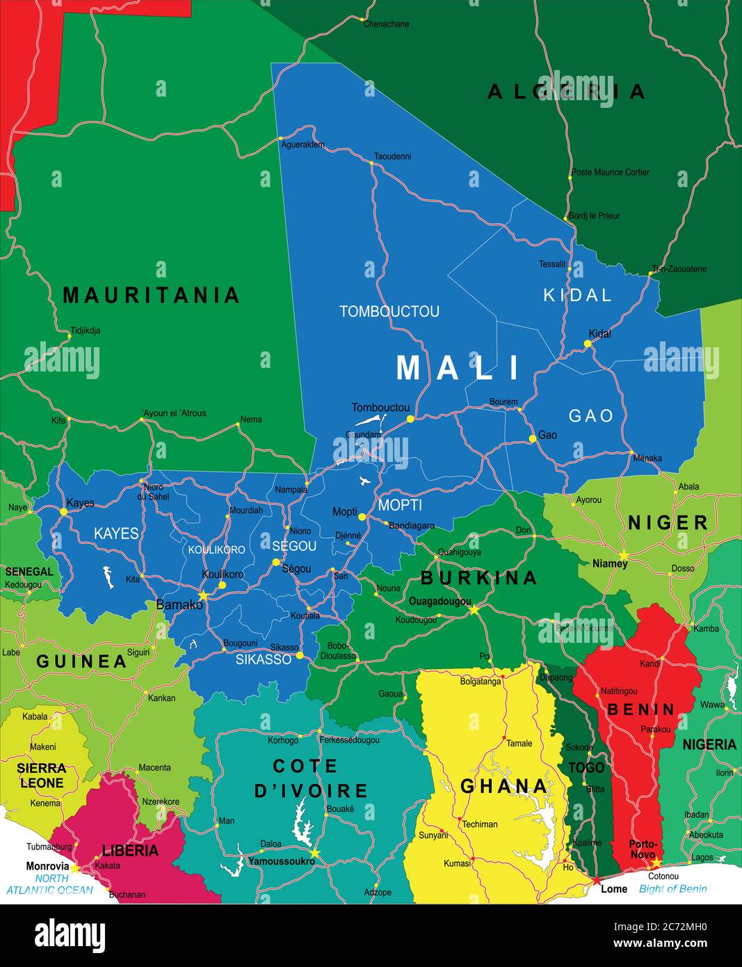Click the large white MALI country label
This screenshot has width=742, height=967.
(458, 367)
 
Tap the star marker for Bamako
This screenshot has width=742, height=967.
(203, 596)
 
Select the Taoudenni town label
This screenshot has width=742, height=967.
(392, 157)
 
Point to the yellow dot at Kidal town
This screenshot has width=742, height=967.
(588, 344)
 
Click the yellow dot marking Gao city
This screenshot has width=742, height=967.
(533, 438)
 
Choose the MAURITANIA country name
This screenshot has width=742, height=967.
(151, 295)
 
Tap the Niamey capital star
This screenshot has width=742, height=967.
(624, 554)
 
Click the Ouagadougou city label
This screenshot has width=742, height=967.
(439, 601)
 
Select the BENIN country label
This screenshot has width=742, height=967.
(640, 710)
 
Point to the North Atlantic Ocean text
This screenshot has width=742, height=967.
(49, 884)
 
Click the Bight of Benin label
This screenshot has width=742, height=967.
(672, 888)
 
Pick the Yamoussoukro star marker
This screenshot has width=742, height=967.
(314, 853)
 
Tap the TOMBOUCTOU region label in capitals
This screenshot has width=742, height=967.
(389, 312)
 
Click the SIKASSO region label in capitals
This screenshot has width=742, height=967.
(263, 660)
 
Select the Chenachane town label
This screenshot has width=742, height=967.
(386, 24)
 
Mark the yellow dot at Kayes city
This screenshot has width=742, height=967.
(63, 511)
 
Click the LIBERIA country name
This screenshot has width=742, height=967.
(130, 850)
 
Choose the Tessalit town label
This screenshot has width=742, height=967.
(552, 264)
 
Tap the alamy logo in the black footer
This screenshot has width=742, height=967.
(70, 934)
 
